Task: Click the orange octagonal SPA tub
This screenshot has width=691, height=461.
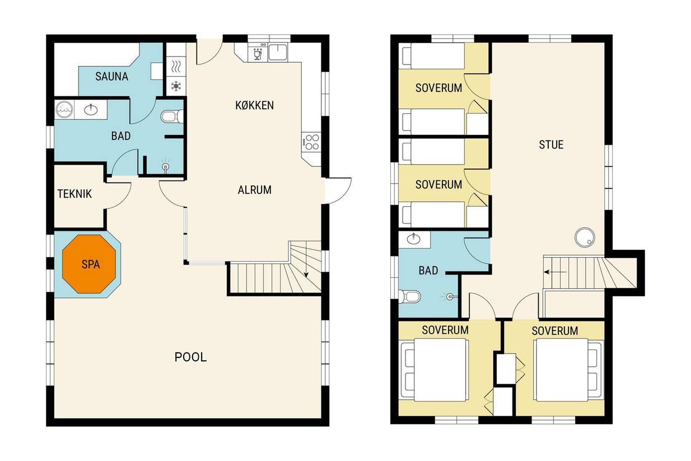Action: [89, 264]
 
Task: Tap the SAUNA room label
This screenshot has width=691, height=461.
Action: [111, 77]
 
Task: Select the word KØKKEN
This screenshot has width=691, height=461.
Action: [254, 105]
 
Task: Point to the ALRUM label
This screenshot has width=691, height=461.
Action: [255, 190]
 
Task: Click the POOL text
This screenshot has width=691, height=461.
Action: [190, 357]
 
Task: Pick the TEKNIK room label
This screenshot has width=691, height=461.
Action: [74, 194]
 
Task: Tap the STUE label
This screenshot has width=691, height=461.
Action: [551, 145]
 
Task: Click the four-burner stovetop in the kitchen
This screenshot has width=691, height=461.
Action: [311, 142]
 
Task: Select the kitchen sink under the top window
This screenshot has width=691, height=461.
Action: [278, 52]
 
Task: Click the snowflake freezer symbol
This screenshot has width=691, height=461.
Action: [176, 86]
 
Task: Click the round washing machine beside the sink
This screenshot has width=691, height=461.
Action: [64, 109]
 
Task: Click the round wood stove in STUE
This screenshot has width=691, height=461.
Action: [585, 238]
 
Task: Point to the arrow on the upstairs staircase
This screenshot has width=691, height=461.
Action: [555, 272]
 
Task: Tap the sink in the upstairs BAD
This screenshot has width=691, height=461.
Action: [413, 239]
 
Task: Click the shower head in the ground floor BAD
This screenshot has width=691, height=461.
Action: [166, 167]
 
